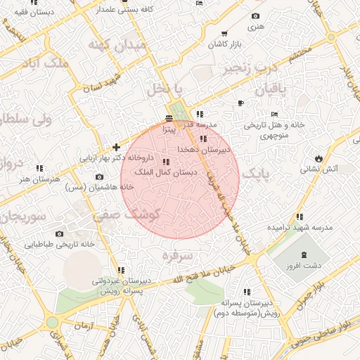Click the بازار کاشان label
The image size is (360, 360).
[224, 44]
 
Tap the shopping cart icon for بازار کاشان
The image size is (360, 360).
[224, 34]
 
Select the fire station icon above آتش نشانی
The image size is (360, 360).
[319, 157]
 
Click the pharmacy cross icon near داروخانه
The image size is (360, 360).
[116, 147]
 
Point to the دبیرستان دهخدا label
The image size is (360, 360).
[204, 150]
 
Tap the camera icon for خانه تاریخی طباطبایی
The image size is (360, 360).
[59, 234]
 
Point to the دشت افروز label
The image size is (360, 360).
[304, 266]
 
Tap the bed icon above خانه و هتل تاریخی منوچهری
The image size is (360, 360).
[274, 114]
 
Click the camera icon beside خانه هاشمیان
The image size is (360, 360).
[98, 176]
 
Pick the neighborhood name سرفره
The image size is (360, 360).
[176, 257]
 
